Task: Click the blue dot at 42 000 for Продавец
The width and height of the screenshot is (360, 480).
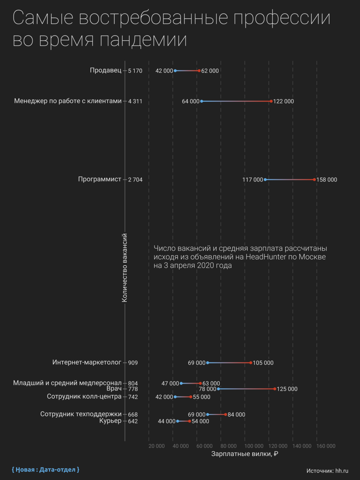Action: click(x=175, y=71)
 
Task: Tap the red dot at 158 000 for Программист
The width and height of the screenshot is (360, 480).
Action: click(x=314, y=180)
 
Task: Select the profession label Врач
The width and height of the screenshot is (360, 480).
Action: click(x=114, y=389)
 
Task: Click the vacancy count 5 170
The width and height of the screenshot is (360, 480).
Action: click(x=135, y=71)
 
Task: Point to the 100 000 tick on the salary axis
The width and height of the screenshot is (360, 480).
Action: click(x=254, y=446)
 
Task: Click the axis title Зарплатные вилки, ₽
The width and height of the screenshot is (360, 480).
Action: click(x=245, y=454)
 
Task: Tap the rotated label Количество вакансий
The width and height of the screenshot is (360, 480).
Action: click(x=124, y=268)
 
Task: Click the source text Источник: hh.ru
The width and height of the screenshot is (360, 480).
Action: click(x=327, y=471)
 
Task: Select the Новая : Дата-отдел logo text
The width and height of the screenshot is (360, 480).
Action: click(x=46, y=469)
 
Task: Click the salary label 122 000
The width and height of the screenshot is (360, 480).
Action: click(x=284, y=102)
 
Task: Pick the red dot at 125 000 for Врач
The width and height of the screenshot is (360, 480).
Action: click(x=275, y=389)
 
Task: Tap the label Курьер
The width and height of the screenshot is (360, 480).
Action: click(x=110, y=421)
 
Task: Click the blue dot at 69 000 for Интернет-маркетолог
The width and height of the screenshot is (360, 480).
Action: click(x=208, y=363)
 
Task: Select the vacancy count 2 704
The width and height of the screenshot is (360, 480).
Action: click(x=135, y=180)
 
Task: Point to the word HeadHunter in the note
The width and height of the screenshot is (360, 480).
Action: click(x=266, y=257)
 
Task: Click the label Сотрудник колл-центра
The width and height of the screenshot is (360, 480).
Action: click(x=84, y=396)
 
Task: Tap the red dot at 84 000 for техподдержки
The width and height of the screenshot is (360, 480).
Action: click(x=226, y=414)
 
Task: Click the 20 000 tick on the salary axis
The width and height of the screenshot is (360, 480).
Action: click(x=157, y=446)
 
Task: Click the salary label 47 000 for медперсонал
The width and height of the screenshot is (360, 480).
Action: click(x=170, y=383)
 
